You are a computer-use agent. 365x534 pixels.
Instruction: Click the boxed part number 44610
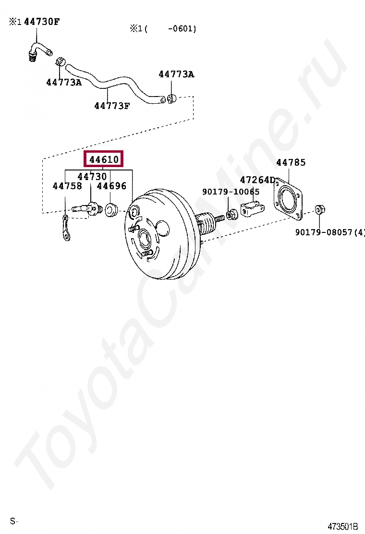104,159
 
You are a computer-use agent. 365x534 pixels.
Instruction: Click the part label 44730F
42,22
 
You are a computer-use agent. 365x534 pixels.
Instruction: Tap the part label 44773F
112,106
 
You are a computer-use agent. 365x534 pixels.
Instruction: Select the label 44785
291,162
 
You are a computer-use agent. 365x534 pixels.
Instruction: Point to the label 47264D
257,180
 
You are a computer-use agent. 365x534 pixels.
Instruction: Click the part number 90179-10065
231,192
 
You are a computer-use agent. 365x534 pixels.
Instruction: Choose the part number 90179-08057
324,232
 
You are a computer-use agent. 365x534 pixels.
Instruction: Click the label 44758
67,186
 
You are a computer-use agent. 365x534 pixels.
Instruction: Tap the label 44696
112,186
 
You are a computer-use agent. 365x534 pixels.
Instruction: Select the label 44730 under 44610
92,176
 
